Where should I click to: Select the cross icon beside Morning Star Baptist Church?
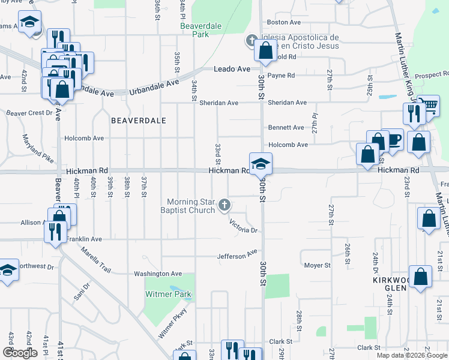click(x=224, y=206)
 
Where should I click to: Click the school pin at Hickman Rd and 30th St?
click(x=261, y=164)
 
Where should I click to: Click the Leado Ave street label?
click(x=232, y=70)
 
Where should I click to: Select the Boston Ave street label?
click(x=284, y=22)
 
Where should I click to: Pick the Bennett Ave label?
click(x=286, y=128)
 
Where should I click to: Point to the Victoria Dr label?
click(x=243, y=227)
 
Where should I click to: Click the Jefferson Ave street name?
click(x=237, y=256)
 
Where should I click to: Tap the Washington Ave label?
click(x=158, y=274)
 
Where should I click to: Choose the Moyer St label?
click(x=317, y=265)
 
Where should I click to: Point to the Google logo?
click(x=20, y=353)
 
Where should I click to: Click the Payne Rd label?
click(x=281, y=76)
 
